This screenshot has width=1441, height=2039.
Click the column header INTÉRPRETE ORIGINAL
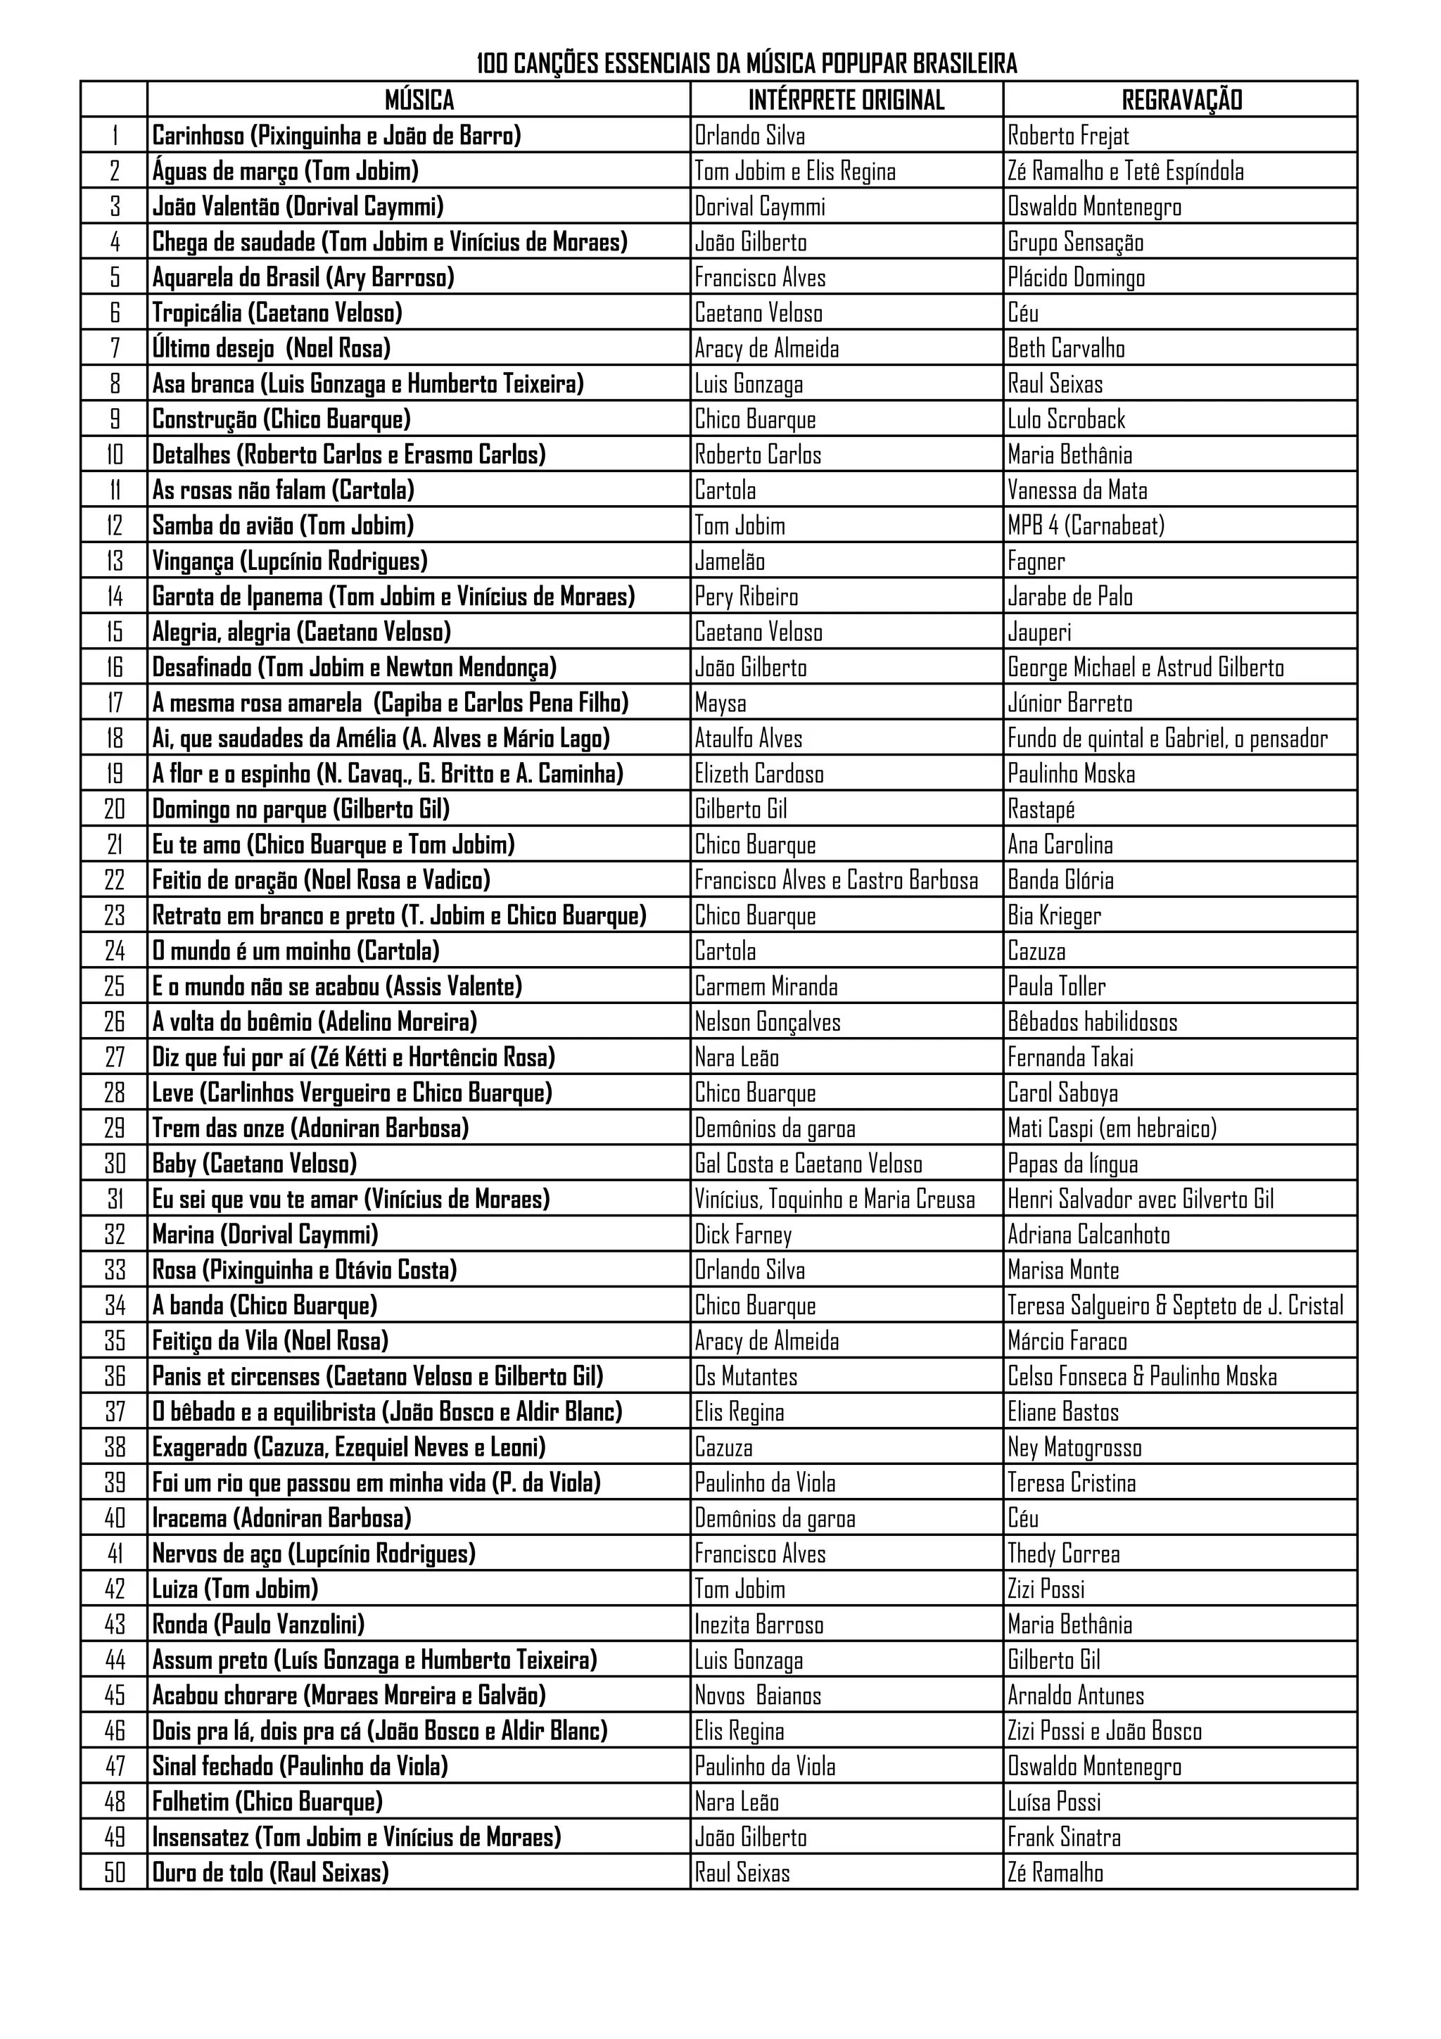[846, 99]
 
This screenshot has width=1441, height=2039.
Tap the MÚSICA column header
[419, 99]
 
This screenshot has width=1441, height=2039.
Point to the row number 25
[115, 986]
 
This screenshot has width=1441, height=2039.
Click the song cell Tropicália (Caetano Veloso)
[277, 312]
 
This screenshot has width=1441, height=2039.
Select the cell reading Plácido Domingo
[1076, 278]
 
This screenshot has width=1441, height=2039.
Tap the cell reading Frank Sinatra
[1064, 1837]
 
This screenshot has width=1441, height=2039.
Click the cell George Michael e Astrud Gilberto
[1145, 667]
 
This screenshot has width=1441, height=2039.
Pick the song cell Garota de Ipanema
[393, 596]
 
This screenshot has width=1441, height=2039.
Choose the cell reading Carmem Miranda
[766, 986]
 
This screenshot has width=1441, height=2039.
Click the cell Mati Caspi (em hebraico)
[1112, 1128]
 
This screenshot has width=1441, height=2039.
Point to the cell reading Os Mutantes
[746, 1376]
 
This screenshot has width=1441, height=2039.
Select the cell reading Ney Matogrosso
[1074, 1447]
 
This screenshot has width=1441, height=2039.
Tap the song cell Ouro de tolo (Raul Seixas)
[271, 1873]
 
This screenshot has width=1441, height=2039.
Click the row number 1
[115, 136]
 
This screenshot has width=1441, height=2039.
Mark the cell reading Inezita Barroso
[759, 1625]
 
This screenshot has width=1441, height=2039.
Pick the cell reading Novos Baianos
[758, 1696]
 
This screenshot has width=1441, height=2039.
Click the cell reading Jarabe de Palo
[1070, 596]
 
